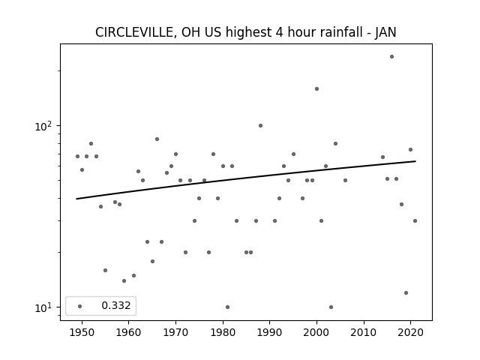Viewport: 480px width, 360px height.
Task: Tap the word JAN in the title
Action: [385, 32]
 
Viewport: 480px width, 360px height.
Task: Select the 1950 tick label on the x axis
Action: [82, 333]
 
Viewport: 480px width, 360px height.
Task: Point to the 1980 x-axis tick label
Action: [223, 333]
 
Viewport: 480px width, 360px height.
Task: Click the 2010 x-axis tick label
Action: [364, 333]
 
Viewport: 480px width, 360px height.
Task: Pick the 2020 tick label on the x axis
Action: [410, 333]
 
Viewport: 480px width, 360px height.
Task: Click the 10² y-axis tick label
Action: [43, 126]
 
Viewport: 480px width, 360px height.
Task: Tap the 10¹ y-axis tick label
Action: [43, 307]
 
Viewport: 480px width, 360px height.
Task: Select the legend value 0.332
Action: [116, 305]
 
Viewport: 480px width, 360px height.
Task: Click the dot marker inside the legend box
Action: [80, 306]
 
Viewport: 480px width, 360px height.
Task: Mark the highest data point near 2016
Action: [391, 57]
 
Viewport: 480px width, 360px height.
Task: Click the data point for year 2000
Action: [316, 88]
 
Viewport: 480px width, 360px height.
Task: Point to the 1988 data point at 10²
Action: [260, 125]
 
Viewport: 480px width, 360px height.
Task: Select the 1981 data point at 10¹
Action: [227, 307]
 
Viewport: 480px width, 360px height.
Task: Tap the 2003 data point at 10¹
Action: [331, 307]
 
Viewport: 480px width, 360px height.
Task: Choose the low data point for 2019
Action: [406, 292]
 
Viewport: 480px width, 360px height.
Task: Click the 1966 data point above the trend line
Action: [157, 139]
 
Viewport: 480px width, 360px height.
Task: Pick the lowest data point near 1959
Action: [124, 280]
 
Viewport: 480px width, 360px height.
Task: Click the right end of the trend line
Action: [415, 161]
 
